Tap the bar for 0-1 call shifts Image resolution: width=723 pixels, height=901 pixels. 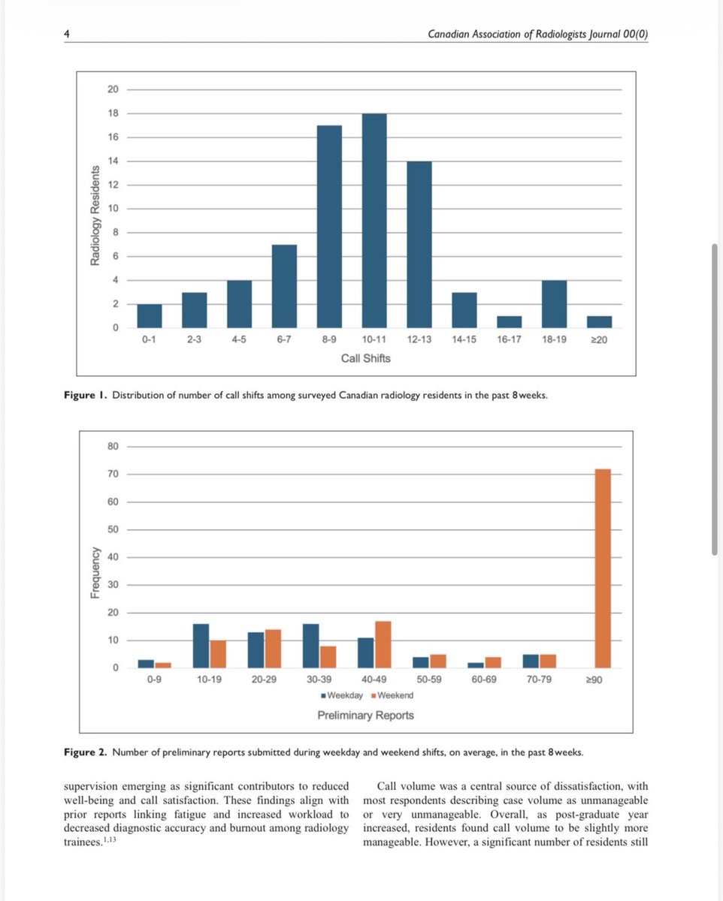tap(150, 316)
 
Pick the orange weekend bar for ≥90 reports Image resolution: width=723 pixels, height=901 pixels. tap(603, 568)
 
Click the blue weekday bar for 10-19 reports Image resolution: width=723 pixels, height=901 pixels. tap(201, 646)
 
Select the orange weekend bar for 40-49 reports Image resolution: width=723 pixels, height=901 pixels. tap(383, 644)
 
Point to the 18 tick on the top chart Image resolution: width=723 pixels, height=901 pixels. tap(113, 113)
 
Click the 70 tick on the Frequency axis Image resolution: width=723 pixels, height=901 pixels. tap(113, 475)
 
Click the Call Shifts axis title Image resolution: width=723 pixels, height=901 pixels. tap(366, 358)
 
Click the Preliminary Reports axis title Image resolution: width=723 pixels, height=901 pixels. tap(365, 715)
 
